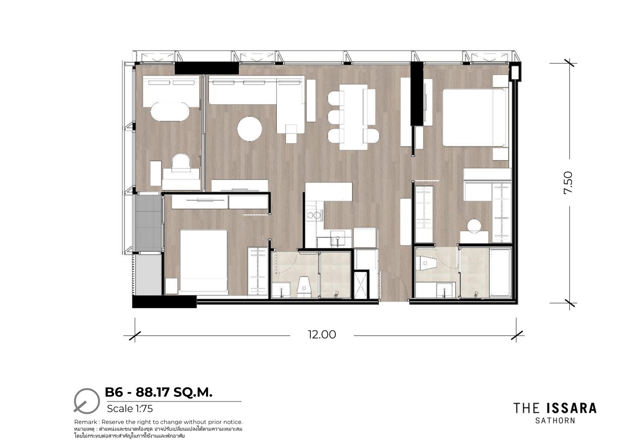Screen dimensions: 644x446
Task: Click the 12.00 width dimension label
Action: (322, 335)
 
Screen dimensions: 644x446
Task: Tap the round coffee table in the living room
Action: (250, 129)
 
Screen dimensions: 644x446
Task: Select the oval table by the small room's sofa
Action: (170, 111)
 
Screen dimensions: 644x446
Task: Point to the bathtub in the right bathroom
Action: (500, 272)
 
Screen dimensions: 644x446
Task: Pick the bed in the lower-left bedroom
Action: (203, 260)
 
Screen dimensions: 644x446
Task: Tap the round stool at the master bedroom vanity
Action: (475, 226)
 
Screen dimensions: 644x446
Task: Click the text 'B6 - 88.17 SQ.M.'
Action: (159, 392)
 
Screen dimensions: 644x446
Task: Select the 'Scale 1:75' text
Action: (130, 408)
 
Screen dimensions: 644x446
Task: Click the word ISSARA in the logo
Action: (571, 408)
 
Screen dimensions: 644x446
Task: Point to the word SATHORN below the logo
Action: (555, 420)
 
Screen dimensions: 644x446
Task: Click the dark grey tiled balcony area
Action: (148, 223)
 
